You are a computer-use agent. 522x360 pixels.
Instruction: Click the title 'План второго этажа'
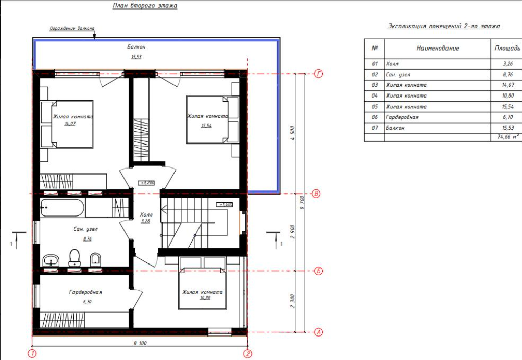(x=145, y=5)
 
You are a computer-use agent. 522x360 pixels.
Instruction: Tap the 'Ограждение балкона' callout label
(x=72, y=28)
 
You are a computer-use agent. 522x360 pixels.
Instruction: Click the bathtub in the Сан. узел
(x=62, y=207)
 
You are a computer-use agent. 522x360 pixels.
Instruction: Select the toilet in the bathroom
(x=74, y=257)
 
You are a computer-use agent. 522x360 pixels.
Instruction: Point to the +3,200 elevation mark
(x=146, y=183)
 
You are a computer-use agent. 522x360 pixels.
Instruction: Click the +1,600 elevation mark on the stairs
(x=225, y=204)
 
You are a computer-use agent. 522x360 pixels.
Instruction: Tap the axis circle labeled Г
(x=318, y=74)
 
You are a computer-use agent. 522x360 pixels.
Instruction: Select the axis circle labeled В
(x=316, y=194)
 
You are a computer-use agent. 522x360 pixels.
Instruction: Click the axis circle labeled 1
(x=32, y=353)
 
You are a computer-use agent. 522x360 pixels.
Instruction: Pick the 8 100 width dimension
(x=140, y=343)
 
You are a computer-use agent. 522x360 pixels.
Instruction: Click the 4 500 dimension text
(x=293, y=133)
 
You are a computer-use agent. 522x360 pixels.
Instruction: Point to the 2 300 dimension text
(x=293, y=301)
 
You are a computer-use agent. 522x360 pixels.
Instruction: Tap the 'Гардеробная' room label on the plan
(x=86, y=292)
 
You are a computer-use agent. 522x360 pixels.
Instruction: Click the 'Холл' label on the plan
(x=146, y=215)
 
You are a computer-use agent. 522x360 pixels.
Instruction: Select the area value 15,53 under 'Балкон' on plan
(x=136, y=57)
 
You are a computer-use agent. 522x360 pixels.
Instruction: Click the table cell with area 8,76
(x=508, y=74)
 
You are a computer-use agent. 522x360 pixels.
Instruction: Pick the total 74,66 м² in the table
(x=508, y=136)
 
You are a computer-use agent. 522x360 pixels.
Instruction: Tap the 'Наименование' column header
(x=438, y=49)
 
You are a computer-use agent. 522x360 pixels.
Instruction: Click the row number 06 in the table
(x=375, y=117)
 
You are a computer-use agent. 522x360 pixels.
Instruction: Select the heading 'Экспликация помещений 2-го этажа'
(x=444, y=26)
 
